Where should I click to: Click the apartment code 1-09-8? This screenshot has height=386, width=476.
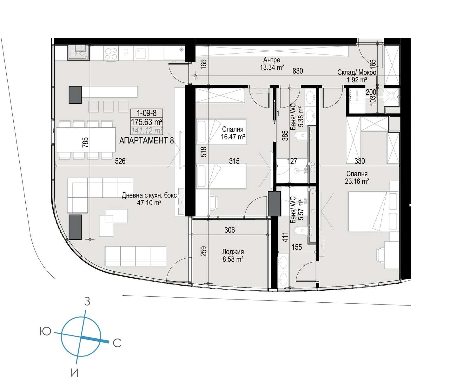146,113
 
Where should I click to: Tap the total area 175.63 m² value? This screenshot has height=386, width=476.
146,122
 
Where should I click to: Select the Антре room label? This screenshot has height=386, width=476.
272,60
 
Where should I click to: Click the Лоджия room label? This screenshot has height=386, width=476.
233,252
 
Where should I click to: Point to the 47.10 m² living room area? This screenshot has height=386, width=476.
149,203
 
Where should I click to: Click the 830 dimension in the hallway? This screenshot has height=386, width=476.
298,71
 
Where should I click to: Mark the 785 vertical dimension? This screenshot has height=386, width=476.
85,142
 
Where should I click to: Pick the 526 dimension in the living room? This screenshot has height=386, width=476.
120,161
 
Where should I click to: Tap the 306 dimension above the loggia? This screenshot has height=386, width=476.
229,230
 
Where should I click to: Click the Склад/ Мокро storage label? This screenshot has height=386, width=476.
357,72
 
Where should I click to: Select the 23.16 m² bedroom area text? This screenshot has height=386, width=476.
357,181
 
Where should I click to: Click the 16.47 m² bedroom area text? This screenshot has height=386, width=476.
233,137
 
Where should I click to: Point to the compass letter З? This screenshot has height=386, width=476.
87,302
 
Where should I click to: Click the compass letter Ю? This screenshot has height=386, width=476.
45,331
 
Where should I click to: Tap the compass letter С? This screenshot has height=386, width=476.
117,343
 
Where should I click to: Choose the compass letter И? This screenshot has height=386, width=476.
75,373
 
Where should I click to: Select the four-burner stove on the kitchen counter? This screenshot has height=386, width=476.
111,54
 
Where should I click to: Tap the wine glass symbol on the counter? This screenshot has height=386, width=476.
126,53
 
